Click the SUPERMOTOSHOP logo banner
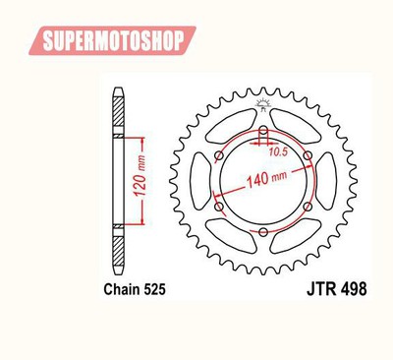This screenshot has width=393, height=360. click(x=112, y=40)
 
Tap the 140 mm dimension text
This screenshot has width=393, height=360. click(x=266, y=178)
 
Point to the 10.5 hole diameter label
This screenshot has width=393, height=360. click(x=278, y=151)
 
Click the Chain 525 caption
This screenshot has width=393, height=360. click(x=135, y=289)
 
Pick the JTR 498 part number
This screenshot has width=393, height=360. click(x=337, y=289)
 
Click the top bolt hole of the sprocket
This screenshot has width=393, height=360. click(x=263, y=131)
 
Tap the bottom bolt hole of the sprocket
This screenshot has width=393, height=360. click(x=263, y=232)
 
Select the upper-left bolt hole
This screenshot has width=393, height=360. click(x=219, y=155)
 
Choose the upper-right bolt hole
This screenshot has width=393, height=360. click(x=308, y=155)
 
